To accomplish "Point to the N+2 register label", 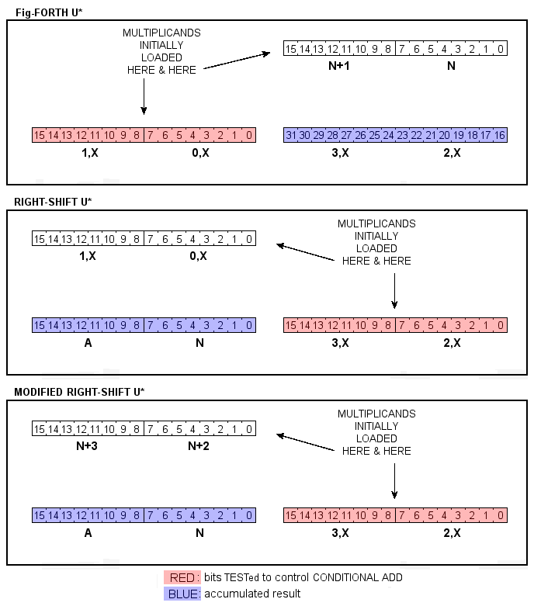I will [x=199, y=447].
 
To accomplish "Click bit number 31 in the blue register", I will [x=292, y=136].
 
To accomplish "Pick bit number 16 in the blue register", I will [x=500, y=136].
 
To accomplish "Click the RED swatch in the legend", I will [x=182, y=577].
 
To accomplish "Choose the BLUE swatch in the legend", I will [x=182, y=594].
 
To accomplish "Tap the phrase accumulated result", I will [x=252, y=594].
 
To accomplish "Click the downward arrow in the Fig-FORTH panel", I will [x=144, y=97].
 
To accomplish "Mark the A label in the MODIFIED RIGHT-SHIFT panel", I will [x=88, y=533].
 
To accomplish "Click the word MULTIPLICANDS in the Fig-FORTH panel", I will [x=161, y=33].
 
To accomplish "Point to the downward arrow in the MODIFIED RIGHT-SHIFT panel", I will [x=395, y=481].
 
